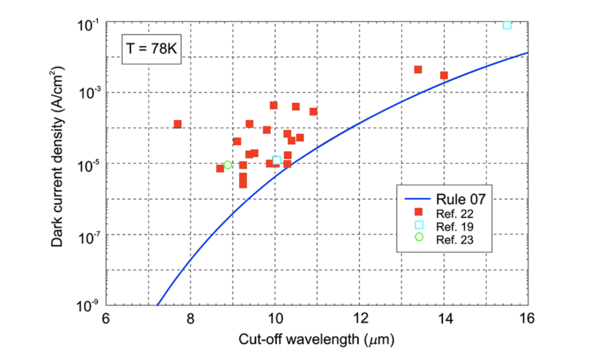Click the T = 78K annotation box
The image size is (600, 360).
pos(152,49)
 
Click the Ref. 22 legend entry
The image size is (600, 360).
pos(452,212)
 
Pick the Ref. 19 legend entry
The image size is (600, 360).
pos(452,225)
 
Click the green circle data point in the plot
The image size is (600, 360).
pos(228,165)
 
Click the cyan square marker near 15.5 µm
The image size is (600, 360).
pos(507,25)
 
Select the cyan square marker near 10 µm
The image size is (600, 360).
pos(277,160)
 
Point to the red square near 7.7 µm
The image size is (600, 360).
pos(178,124)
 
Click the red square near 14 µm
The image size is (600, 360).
pos(444,75)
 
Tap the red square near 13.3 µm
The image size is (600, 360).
pos(418,69)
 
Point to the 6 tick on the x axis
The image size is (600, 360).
pos(105,319)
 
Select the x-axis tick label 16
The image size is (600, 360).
pos(528,319)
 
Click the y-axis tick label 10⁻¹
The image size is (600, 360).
pos(87,25)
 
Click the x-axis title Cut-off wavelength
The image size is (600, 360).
pos(316,339)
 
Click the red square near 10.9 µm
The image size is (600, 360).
pos(313,111)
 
